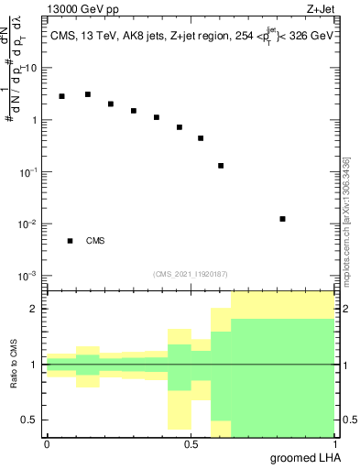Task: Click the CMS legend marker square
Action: [x=70, y=241]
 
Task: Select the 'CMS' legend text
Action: [x=95, y=241]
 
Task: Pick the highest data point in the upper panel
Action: [x=88, y=94]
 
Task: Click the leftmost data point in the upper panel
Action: [x=61, y=96]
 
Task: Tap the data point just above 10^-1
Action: [x=221, y=166]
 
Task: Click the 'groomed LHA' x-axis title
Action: [x=306, y=457]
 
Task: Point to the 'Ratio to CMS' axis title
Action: [x=15, y=365]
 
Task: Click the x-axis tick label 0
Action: [x=47, y=443]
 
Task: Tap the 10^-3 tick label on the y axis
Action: [x=29, y=276]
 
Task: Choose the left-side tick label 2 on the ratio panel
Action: [x=34, y=309]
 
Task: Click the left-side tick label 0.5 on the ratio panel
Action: [x=29, y=420]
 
